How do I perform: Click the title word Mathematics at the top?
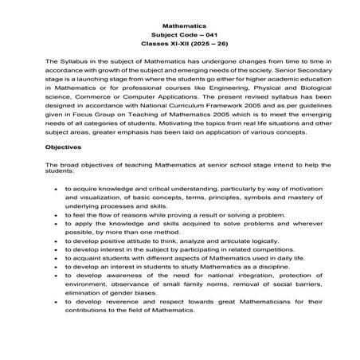[x=179, y=25]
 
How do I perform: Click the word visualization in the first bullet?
[x=92, y=200]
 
